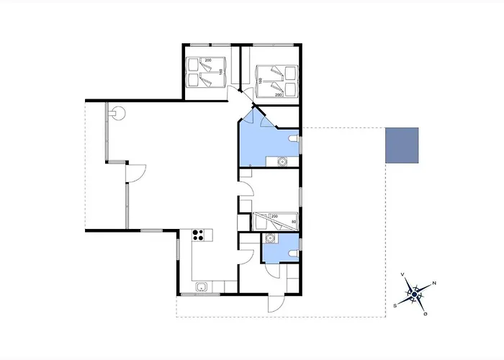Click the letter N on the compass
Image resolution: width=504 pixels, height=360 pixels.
[433, 283]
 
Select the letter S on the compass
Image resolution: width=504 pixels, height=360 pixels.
[395, 305]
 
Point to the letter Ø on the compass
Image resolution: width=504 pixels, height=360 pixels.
[426, 313]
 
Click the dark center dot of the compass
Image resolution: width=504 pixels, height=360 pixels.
[414, 294]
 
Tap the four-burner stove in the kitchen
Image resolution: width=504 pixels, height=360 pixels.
[199, 234]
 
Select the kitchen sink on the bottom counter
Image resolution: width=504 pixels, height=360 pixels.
[202, 288]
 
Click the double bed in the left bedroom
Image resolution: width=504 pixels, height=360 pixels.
[205, 72]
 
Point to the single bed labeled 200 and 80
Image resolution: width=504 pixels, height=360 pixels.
[276, 220]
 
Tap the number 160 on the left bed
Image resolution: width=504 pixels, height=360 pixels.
[221, 72]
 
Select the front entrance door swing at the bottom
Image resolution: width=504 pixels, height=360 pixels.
[274, 302]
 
